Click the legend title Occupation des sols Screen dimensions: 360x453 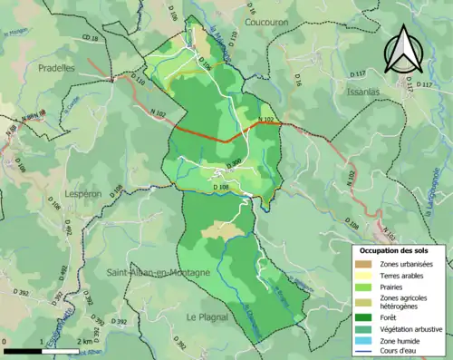(x=400, y=249)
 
